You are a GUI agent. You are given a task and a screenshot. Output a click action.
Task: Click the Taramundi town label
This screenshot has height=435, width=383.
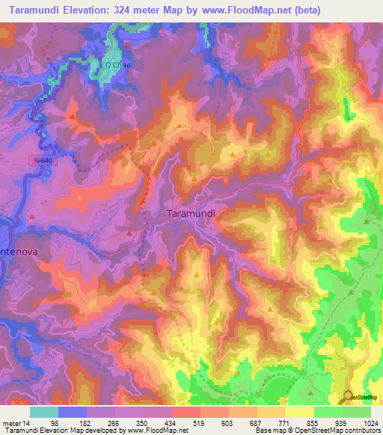point(190,213)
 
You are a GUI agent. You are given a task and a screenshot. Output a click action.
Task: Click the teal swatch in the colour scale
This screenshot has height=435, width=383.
point(44,412)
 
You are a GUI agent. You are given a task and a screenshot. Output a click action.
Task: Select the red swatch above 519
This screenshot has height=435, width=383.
point(186,412)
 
